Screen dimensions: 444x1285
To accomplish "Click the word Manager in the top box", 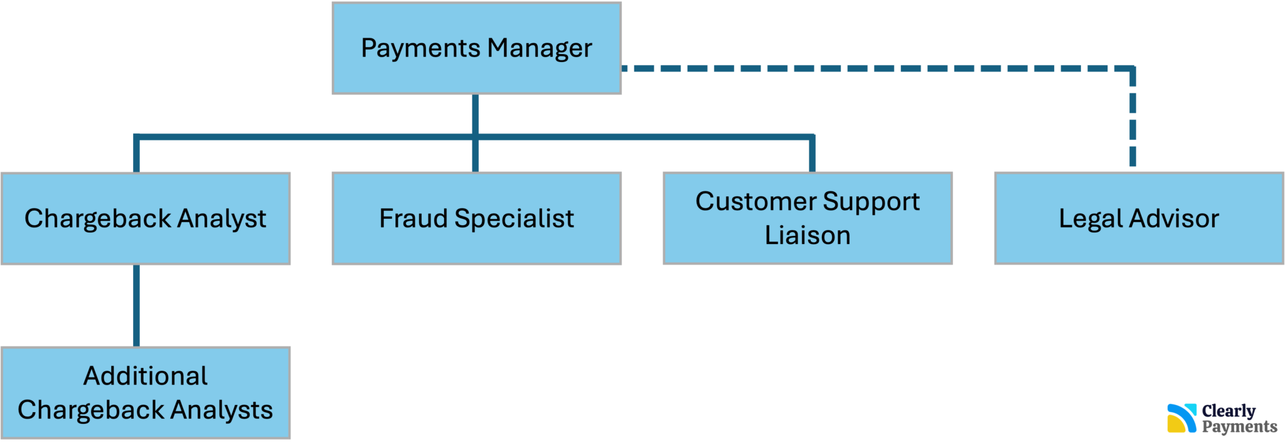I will coord(540,48).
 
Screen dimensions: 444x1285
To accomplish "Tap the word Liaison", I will coord(808,235).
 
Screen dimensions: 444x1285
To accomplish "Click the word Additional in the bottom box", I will coord(146,376).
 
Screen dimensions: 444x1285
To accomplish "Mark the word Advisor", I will coord(1174,218).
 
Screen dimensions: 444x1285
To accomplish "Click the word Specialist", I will coord(514,218).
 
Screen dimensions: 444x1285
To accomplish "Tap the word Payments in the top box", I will coord(420,48).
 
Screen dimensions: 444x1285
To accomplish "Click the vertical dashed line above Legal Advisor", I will coord(1133,119).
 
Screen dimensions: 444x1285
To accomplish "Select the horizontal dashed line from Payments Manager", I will coord(878,68).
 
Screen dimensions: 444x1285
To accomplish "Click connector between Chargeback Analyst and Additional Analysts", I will coord(136,305).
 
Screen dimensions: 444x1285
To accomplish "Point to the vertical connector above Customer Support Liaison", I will coord(813,154).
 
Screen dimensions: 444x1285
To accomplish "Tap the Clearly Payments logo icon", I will coord(1181,418).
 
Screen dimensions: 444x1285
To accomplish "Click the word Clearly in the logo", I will coord(1229,411).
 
